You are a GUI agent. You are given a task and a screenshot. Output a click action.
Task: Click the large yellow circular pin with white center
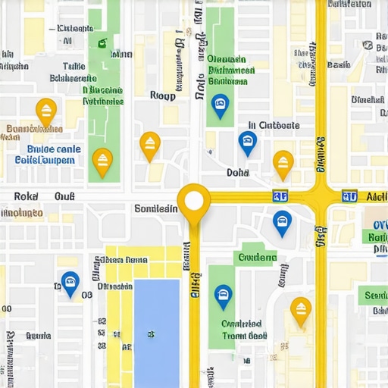(x=194, y=201)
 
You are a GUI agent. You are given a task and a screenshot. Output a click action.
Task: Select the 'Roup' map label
(x=163, y=96)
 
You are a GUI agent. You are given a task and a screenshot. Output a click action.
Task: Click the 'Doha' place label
(x=238, y=173)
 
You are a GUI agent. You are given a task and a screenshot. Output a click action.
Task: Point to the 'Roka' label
(x=26, y=196)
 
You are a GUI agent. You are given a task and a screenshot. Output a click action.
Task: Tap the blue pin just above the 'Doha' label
(x=247, y=142)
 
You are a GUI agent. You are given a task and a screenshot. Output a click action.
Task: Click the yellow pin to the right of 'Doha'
(x=283, y=163)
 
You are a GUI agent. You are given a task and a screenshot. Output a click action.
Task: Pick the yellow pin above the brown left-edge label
(x=46, y=111)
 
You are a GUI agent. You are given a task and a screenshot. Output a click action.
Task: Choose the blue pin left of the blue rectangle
(x=70, y=283)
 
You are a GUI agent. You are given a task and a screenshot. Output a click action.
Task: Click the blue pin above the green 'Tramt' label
(x=223, y=296)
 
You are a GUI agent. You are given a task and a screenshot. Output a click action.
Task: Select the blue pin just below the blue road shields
(x=282, y=222)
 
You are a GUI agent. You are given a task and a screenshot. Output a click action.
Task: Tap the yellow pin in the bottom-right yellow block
(x=301, y=310)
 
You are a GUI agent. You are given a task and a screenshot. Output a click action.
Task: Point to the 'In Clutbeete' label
(x=274, y=126)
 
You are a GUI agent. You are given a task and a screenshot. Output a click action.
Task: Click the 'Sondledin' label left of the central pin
(x=155, y=208)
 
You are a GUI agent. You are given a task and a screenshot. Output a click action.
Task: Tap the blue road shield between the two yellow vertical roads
(x=280, y=196)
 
